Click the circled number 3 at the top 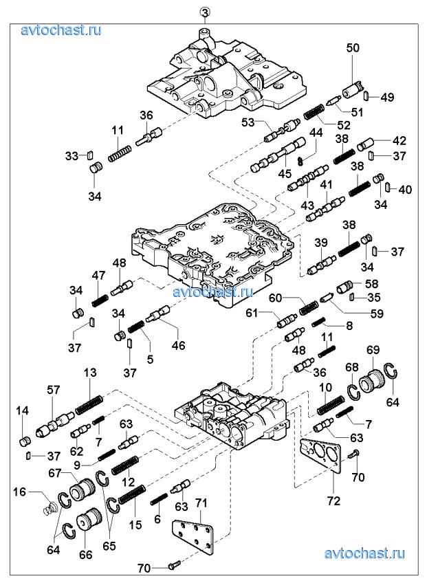click(x=204, y=12)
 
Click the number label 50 click(x=353, y=47)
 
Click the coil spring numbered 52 click(x=314, y=111)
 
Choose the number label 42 click(x=399, y=140)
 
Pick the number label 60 click(x=276, y=298)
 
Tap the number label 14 click(x=23, y=410)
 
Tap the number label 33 click(x=72, y=156)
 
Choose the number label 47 click(x=98, y=275)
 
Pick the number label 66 click(x=85, y=555)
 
